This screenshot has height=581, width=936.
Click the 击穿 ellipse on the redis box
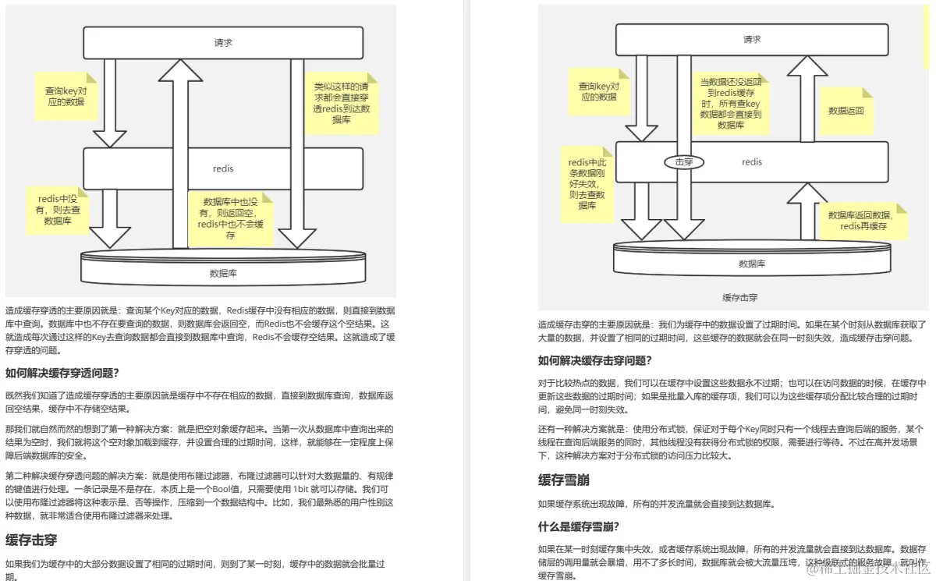click(684, 162)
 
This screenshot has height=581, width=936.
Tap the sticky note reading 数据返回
click(846, 111)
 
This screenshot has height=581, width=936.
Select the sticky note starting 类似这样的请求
click(342, 103)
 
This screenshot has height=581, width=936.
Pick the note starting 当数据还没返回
click(730, 103)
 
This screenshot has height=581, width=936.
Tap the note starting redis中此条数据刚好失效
click(587, 184)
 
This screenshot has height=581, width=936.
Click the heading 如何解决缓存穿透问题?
click(62, 372)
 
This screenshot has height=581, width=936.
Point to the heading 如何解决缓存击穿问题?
click(595, 360)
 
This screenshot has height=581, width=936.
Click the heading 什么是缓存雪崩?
click(579, 526)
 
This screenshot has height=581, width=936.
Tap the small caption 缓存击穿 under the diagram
click(740, 298)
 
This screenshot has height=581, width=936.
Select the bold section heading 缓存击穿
click(31, 539)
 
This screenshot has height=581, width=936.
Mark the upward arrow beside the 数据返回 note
click(807, 97)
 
